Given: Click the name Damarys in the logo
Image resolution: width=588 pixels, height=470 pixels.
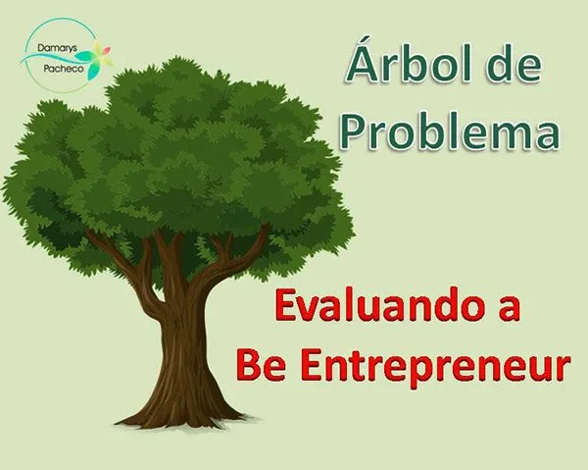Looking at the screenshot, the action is (x=54, y=48).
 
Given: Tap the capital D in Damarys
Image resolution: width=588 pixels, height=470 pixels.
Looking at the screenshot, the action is (x=41, y=48).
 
